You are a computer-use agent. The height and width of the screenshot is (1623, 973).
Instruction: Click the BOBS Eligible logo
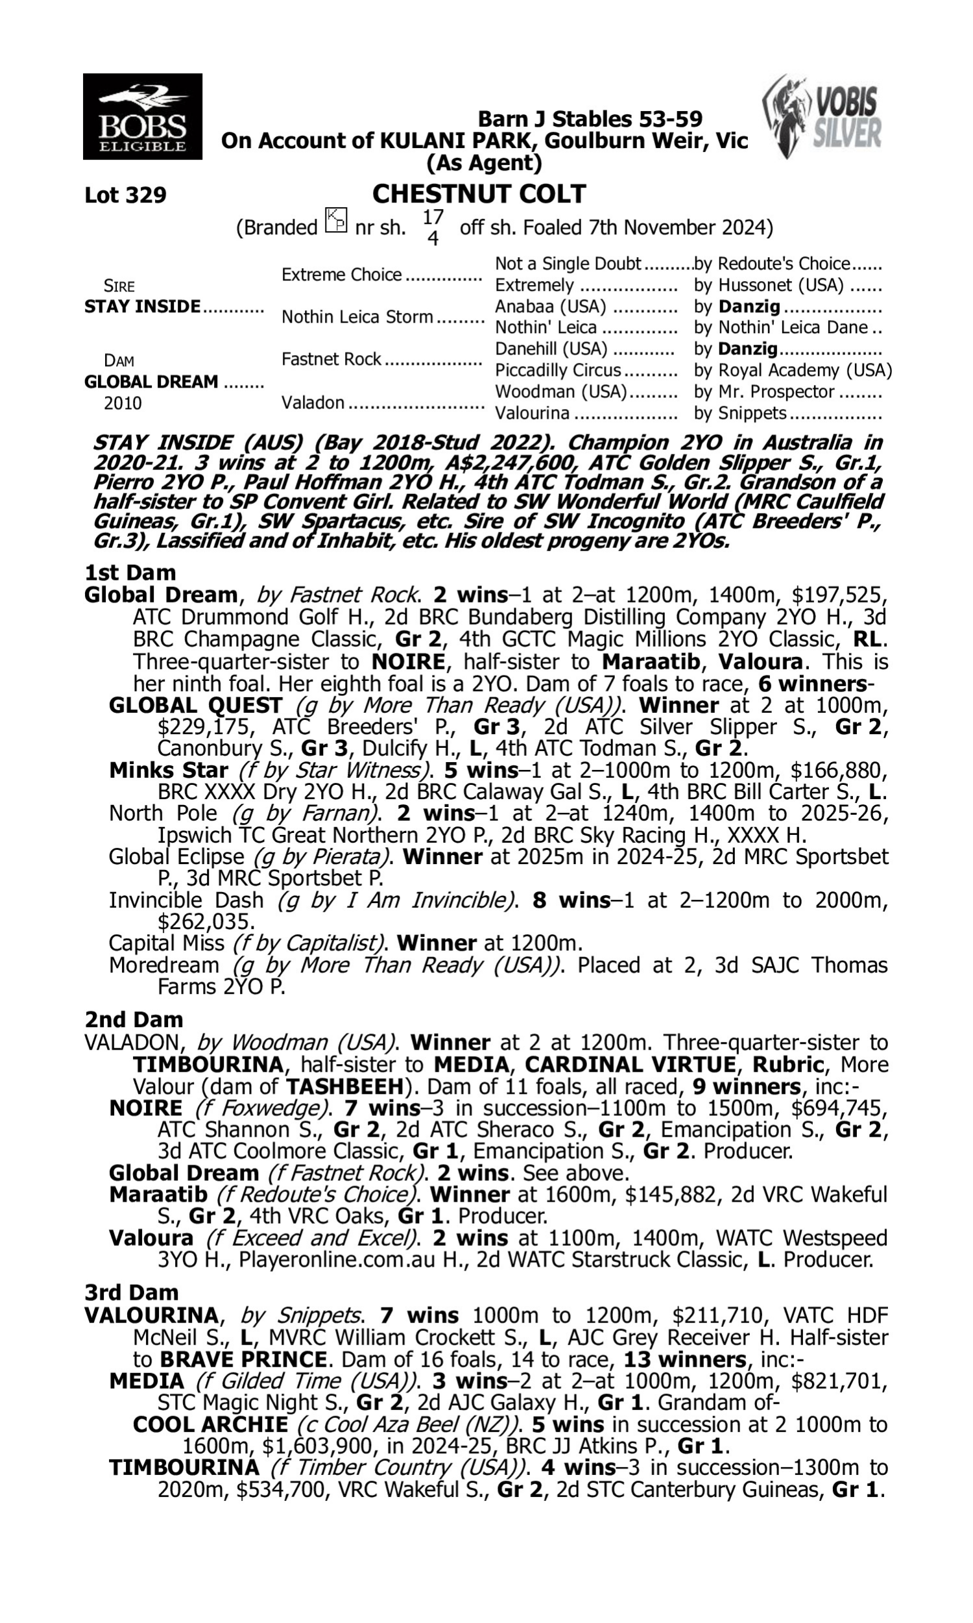click(142, 116)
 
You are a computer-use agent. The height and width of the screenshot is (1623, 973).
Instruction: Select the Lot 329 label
click(125, 195)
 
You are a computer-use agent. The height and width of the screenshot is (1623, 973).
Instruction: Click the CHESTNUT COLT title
click(479, 194)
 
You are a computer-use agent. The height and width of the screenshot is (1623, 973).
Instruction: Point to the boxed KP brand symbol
click(337, 220)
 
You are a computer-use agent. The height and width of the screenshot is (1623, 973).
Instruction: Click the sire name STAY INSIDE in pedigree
click(142, 307)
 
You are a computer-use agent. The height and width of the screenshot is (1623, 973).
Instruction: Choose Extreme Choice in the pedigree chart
click(341, 274)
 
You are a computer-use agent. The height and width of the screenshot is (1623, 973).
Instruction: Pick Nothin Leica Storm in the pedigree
click(357, 317)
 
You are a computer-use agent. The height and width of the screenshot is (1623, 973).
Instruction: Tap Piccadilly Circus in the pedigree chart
click(557, 371)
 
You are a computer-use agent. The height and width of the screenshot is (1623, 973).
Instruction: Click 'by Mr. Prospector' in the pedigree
click(764, 392)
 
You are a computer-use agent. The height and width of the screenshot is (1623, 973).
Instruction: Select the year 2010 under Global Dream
click(123, 403)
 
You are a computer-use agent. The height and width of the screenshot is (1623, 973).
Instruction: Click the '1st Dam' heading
click(130, 573)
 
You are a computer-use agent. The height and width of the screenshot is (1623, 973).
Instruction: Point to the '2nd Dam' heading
click(133, 1019)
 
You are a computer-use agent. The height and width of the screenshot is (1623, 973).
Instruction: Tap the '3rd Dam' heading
click(131, 1292)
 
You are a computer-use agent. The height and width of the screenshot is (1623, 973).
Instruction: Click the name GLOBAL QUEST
click(195, 705)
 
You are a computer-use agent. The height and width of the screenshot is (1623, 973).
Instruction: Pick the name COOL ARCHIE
click(210, 1425)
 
